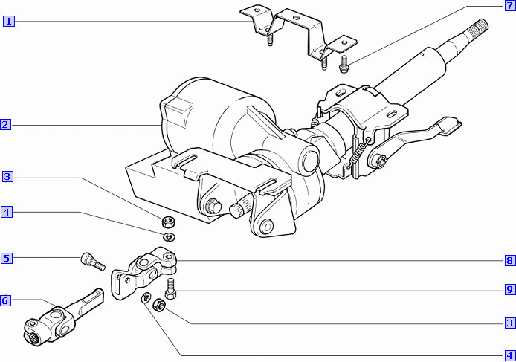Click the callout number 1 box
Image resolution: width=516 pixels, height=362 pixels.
coord(9,22)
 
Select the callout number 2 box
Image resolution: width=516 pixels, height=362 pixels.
coord(5,125)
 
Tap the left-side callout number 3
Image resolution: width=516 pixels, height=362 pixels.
coord(7,177)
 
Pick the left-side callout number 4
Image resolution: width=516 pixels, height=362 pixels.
coord(6,212)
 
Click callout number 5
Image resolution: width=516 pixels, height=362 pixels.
coord(6,258)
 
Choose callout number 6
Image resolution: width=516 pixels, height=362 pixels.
coord(5,300)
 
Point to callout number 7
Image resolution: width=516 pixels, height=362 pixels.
coord(510,5)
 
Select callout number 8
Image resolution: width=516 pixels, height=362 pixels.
coord(510,261)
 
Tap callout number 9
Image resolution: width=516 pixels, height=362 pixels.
coord(510,290)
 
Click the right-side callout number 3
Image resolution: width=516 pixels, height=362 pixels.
coord(510,323)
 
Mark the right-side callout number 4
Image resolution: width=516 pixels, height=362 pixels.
coord(510,356)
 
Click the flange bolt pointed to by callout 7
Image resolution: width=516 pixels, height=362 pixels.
coord(344,65)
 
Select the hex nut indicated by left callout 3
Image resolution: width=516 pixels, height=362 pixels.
coord(169,222)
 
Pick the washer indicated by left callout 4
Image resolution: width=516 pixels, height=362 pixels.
coord(170,236)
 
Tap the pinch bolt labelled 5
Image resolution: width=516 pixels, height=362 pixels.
coord(92,262)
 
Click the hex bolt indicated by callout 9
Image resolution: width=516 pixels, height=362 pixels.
coord(170,288)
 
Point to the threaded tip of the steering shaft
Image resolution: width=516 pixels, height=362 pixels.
coord(480,26)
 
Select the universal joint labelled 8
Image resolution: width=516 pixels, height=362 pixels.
coord(143,273)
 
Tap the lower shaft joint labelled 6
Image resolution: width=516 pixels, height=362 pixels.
coord(62,317)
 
